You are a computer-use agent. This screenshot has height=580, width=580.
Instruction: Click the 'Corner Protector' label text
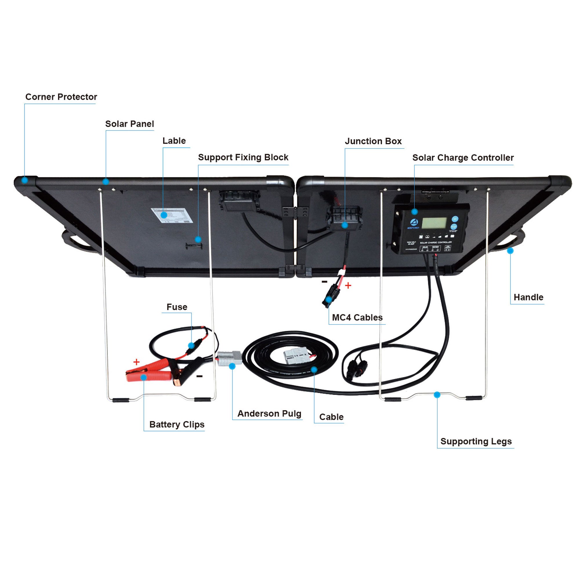click(x=61, y=97)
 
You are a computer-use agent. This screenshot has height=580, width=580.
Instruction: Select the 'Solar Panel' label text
click(x=129, y=124)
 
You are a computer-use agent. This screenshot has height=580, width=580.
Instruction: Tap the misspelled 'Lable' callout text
click(x=174, y=141)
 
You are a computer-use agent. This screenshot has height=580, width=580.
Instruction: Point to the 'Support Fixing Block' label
click(x=243, y=157)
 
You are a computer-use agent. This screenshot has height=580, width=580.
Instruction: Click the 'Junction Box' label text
click(x=373, y=141)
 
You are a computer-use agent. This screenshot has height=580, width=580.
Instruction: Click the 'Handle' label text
click(x=528, y=297)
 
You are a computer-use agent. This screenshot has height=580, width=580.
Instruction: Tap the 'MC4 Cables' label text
click(x=357, y=317)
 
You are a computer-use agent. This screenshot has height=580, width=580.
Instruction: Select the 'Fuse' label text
click(x=177, y=307)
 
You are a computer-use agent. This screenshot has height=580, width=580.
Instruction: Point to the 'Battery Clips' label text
click(x=177, y=424)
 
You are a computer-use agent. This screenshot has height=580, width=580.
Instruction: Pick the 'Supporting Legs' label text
click(x=476, y=441)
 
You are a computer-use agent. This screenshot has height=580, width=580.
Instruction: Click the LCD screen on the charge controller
click(x=434, y=223)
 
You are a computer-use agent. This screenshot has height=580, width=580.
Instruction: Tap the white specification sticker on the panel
click(x=172, y=215)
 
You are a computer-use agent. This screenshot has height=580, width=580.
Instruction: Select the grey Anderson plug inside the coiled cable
click(x=296, y=356)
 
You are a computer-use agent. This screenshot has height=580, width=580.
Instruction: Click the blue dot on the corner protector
click(x=25, y=180)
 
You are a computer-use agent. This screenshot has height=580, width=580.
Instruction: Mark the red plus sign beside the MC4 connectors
click(x=348, y=285)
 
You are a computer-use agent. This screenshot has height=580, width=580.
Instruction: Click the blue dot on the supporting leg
click(x=437, y=394)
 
